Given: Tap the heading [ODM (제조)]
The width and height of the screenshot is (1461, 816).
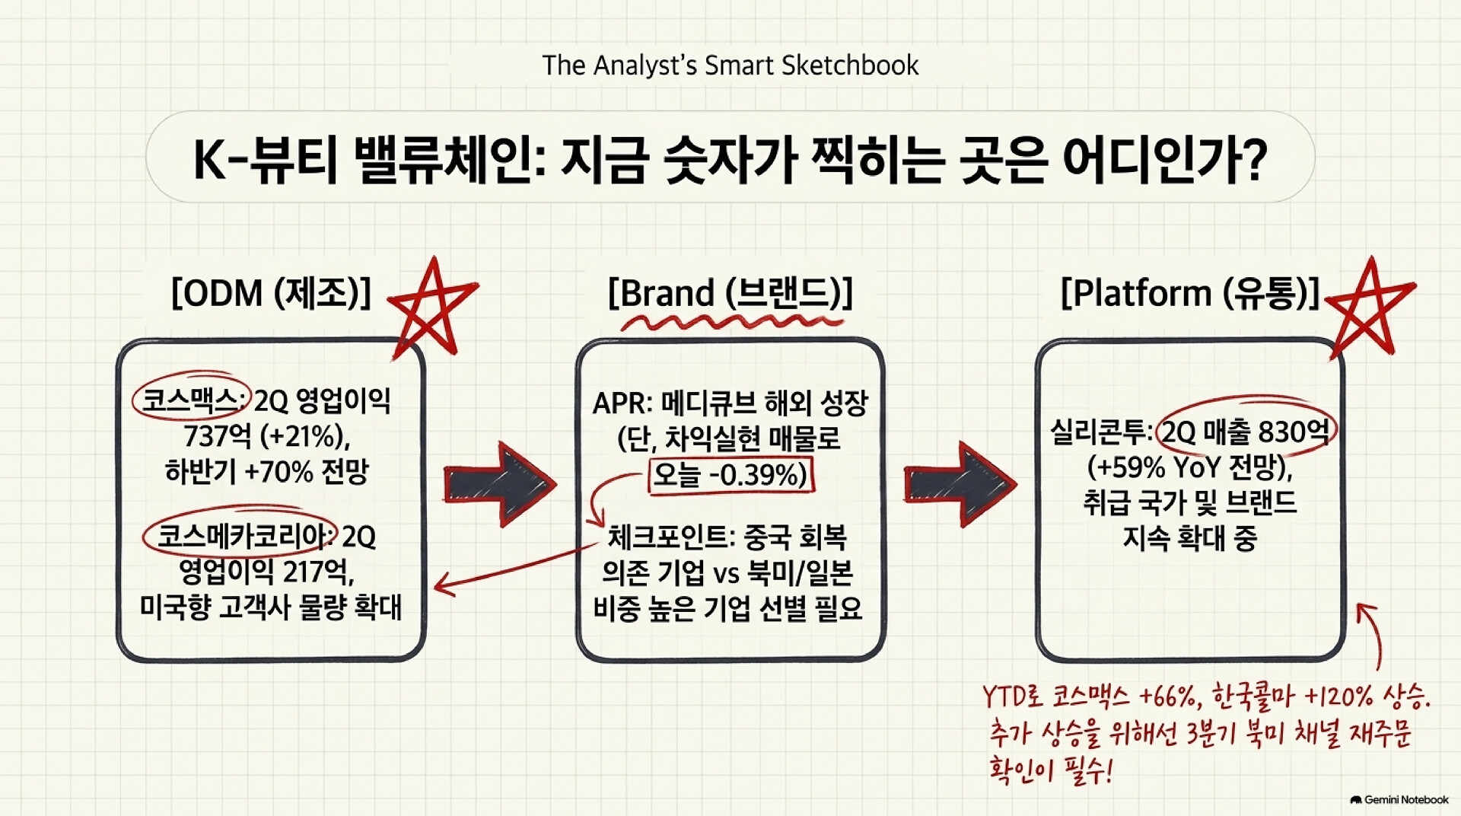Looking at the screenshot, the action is [x=271, y=293].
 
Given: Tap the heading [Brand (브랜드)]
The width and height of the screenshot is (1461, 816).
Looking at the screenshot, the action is [x=730, y=293].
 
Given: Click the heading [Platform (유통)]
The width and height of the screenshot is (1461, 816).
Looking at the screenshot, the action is [x=1190, y=293].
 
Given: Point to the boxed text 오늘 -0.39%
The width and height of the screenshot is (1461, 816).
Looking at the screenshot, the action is [x=730, y=475].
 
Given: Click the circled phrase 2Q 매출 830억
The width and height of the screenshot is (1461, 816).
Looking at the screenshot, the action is [x=1246, y=432].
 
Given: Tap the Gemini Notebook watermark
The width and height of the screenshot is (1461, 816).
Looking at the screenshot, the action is [x=1399, y=800].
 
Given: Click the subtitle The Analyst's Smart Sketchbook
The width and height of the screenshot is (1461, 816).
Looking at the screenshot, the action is [x=730, y=65].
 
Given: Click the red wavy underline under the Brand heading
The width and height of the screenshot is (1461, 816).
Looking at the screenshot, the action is [x=733, y=323].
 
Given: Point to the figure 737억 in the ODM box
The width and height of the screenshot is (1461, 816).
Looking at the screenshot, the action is [x=218, y=436].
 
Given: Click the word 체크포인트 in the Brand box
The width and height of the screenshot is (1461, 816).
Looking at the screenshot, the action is [x=667, y=537].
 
